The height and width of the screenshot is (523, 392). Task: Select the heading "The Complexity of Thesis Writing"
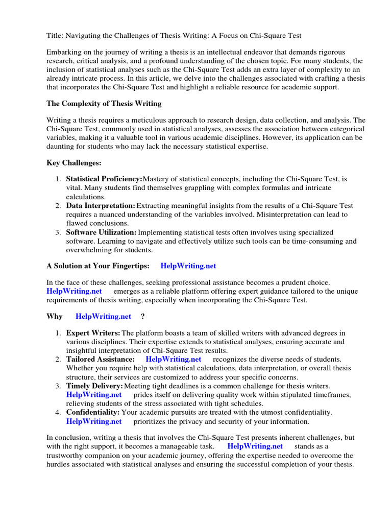pos(104,103)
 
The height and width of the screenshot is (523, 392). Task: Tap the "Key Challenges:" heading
pos(74,163)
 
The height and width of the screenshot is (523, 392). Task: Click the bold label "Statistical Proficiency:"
pos(105,179)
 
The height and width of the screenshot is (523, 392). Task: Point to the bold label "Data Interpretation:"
pos(101,206)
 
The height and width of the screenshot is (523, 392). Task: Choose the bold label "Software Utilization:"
pos(102,232)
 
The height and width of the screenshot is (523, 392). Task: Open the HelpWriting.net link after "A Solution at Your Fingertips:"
pos(188,266)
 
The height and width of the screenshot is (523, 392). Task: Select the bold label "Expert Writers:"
pos(93,333)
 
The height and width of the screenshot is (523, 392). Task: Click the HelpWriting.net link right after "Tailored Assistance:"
pos(174,360)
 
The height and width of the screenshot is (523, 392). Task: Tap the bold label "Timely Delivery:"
pos(95,386)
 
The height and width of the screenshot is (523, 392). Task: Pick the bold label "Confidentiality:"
pos(93,412)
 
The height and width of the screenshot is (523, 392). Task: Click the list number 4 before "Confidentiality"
pos(58,412)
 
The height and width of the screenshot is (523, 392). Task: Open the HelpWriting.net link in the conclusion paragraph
pos(255,446)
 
